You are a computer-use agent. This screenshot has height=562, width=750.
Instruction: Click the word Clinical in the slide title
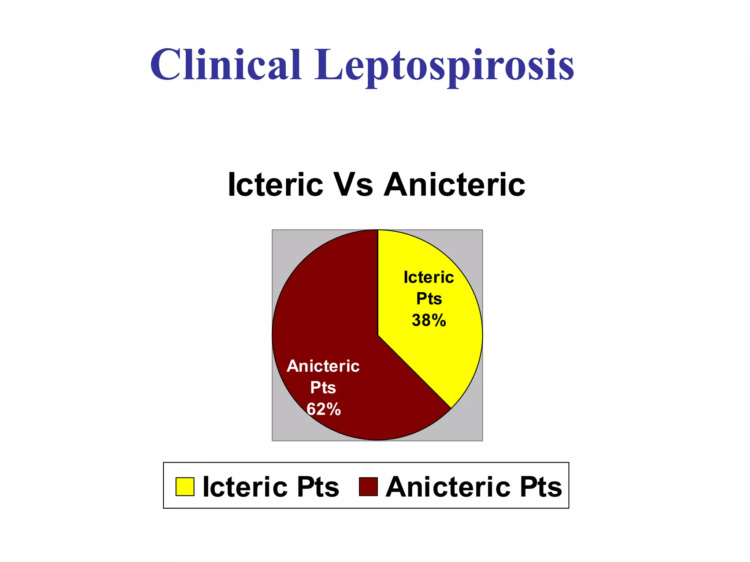[226, 65]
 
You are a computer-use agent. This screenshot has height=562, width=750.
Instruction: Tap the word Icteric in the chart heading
[275, 185]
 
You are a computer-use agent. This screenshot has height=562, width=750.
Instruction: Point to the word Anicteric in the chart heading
[454, 185]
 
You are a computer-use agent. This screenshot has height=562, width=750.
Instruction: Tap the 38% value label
[429, 321]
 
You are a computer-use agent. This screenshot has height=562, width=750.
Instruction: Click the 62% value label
[324, 409]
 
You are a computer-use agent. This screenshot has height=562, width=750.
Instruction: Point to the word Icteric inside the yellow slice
[428, 277]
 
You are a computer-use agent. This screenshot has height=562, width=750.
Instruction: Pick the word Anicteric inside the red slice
[323, 366]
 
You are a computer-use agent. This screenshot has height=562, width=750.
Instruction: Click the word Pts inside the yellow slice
[429, 299]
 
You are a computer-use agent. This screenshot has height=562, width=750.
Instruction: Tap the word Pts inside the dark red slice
[323, 388]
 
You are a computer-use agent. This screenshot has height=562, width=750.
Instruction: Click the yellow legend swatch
[185, 487]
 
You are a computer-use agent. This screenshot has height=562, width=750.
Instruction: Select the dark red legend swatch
[368, 487]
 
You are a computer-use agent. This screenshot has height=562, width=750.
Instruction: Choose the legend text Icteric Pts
[271, 487]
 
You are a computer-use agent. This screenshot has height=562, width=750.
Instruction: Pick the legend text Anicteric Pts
[474, 487]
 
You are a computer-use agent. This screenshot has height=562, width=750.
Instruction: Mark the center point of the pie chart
[378, 335]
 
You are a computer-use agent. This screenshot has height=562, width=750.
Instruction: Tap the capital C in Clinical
[166, 65]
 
